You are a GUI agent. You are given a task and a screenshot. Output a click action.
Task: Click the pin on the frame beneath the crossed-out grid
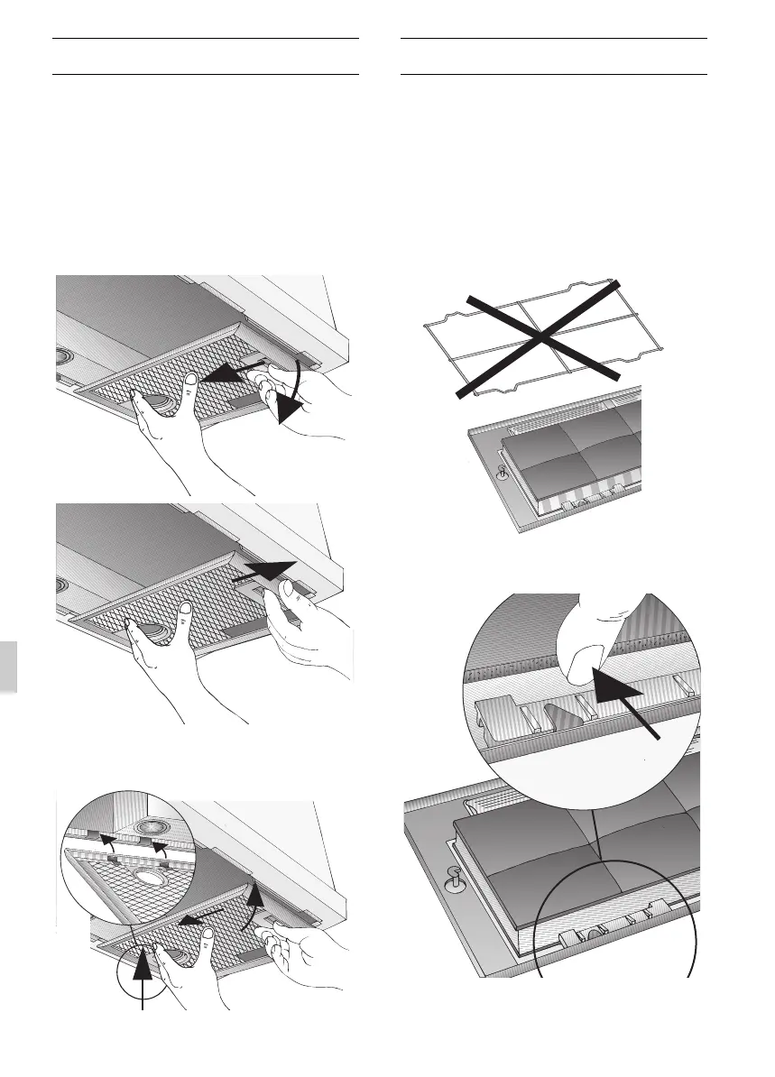pyautogui.click(x=503, y=471)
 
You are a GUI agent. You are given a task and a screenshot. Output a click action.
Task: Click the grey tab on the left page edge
pyautogui.click(x=8, y=666)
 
